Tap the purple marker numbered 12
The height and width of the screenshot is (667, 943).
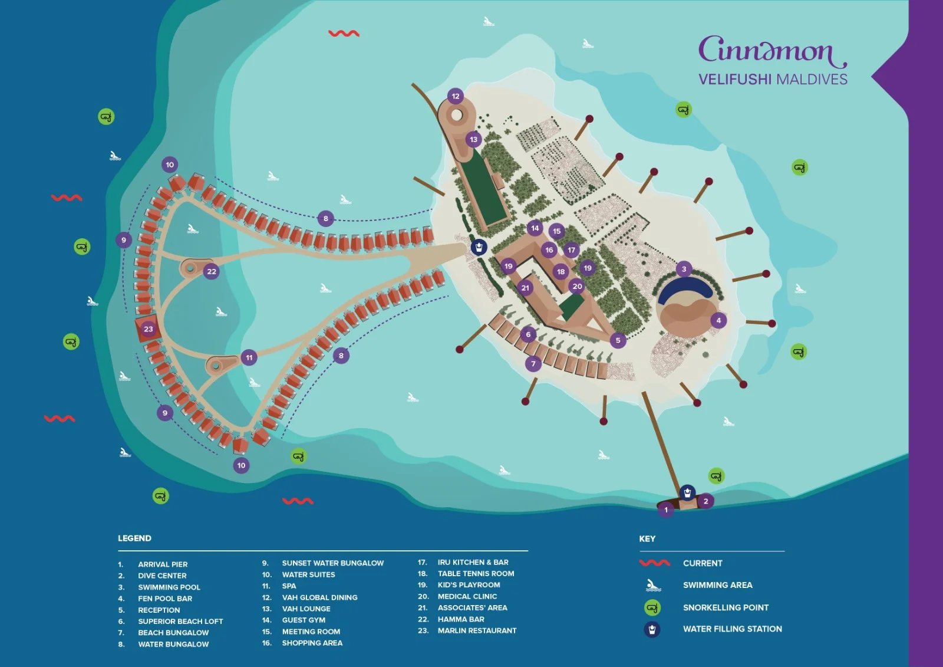click(456, 96)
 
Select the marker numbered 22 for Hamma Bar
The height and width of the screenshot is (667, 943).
click(212, 271)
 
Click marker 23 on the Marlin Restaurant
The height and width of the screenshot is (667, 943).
click(149, 329)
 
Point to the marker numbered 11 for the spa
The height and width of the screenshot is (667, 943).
click(249, 357)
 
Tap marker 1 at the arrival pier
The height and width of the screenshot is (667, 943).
click(666, 510)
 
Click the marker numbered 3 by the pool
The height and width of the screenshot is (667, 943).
click(684, 269)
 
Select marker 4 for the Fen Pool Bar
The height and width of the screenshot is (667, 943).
click(718, 320)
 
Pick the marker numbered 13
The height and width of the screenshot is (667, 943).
click(474, 140)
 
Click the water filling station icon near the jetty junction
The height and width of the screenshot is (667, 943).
click(479, 247)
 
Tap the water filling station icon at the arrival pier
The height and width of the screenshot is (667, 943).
click(687, 492)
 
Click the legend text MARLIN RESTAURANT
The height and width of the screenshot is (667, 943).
click(477, 630)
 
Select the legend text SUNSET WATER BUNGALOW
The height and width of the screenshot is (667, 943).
click(332, 563)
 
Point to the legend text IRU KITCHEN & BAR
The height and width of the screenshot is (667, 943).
click(473, 563)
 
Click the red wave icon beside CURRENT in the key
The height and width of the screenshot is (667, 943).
click(654, 563)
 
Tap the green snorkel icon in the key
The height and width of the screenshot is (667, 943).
click(652, 607)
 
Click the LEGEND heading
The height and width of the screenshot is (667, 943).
click(134, 538)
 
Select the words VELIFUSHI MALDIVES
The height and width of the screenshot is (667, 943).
click(773, 79)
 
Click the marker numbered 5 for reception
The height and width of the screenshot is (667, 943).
click(618, 340)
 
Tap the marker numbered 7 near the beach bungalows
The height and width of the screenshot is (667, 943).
click(533, 364)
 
